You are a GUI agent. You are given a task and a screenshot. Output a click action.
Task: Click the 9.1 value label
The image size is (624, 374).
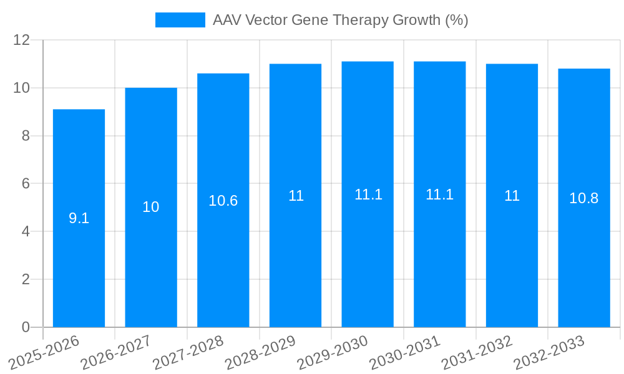pos(79,219)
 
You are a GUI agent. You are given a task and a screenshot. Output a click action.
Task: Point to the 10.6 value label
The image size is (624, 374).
pos(223,201)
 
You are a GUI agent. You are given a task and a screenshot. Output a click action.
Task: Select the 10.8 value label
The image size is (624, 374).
pos(584,198)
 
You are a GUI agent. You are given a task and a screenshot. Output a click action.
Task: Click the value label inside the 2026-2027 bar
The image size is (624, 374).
pos(151,207)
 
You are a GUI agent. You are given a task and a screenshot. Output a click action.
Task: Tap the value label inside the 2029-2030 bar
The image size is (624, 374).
pos(368,194)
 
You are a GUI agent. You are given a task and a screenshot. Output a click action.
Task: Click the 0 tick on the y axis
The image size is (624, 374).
pos(26,327)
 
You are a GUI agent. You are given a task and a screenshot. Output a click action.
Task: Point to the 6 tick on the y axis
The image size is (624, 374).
pos(26,184)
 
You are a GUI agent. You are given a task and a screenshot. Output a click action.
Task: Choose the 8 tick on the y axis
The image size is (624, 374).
pos(26,136)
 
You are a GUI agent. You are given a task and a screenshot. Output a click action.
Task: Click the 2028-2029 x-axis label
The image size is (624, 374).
pos(260,353)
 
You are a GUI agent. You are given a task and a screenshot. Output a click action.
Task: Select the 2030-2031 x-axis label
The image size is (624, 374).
pos(405,353)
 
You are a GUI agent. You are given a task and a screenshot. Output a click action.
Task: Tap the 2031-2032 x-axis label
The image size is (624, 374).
pos(477,353)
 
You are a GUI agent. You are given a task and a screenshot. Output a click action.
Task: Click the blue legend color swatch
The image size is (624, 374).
pos(180,20)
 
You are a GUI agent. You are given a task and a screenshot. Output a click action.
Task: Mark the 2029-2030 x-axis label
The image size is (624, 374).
pos(333,353)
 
